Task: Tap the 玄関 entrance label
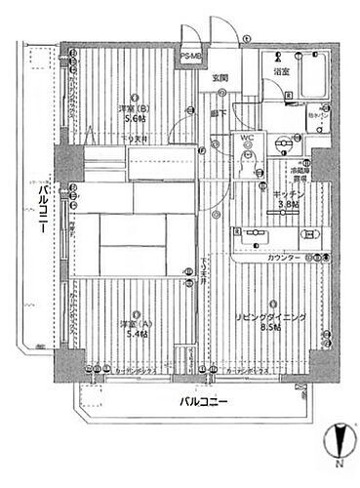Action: (221, 78)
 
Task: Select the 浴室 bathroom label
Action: (280, 72)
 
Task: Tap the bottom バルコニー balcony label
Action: (204, 402)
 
